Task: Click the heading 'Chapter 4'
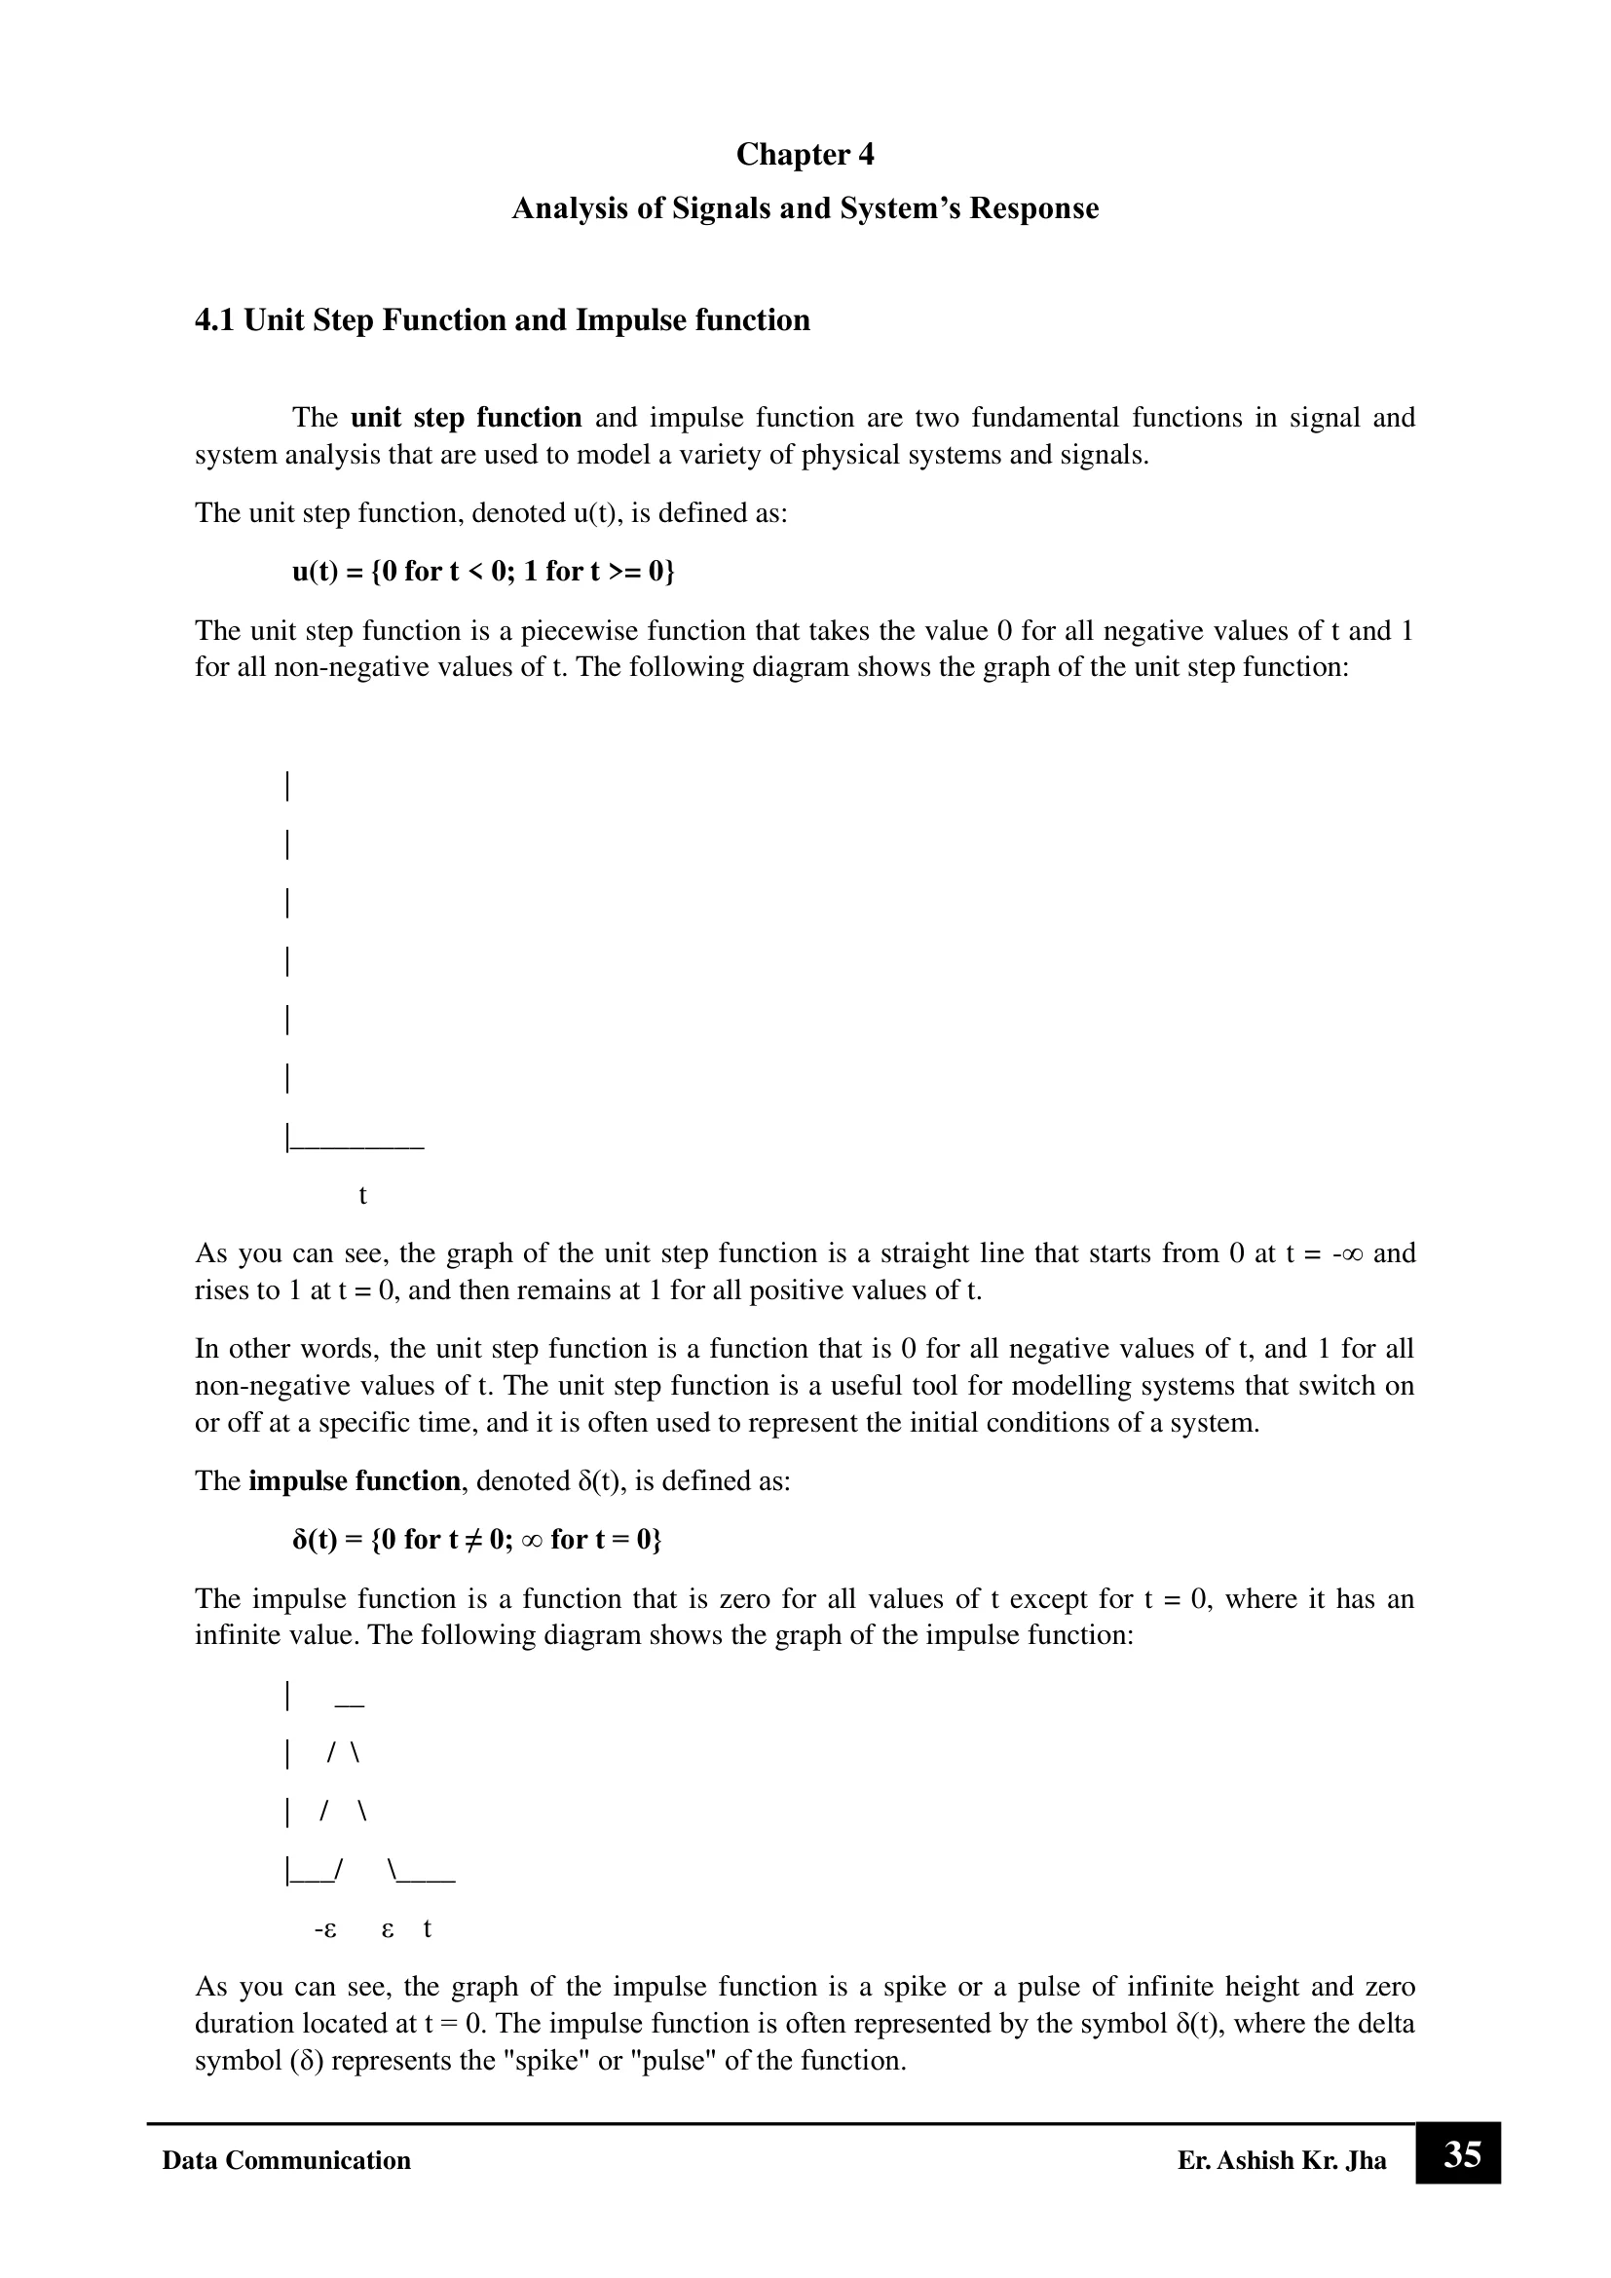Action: (805, 155)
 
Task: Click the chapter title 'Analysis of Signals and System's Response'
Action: (805, 208)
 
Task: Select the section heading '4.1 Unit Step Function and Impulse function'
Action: (502, 320)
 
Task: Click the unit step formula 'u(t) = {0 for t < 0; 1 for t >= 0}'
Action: (483, 572)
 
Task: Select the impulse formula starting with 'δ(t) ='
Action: (476, 1539)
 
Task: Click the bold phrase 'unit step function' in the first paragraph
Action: (467, 418)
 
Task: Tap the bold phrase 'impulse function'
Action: (355, 1481)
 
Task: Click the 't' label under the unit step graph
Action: (363, 1196)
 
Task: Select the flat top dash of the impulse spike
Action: (351, 1705)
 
